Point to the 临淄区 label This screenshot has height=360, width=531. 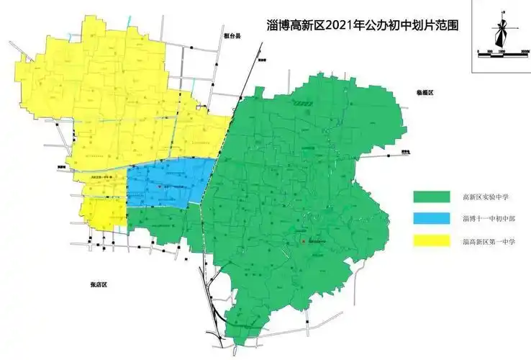click(x=426, y=94)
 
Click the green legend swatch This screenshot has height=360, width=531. click(x=429, y=197)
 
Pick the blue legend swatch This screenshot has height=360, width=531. click(x=429, y=218)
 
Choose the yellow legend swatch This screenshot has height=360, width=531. click(x=429, y=240)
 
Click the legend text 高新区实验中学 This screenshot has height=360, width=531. click(x=486, y=197)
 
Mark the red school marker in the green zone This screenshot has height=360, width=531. click(x=304, y=240)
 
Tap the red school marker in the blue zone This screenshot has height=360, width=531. click(x=159, y=186)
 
